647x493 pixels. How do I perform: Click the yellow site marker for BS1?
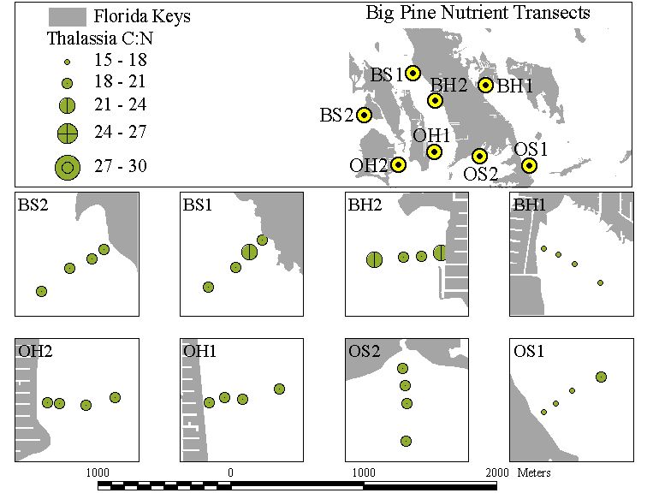(x=413, y=73)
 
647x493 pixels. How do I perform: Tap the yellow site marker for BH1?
(x=485, y=85)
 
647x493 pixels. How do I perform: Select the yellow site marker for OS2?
(x=479, y=156)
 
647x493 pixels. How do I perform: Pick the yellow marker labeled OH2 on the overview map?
(x=398, y=165)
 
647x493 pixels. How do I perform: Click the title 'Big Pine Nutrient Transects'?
(x=478, y=13)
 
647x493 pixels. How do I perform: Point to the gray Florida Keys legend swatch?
(x=68, y=17)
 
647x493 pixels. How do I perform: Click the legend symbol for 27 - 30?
(x=68, y=168)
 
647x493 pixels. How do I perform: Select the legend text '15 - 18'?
(x=121, y=60)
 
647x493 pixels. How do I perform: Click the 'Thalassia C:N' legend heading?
(x=100, y=39)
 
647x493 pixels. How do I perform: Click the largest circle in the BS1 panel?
(x=249, y=252)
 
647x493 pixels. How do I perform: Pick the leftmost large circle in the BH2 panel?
(x=374, y=260)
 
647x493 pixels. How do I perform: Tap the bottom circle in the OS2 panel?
(x=406, y=441)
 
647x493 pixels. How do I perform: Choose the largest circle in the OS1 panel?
(x=601, y=377)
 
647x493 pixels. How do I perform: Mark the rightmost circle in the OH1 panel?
(x=279, y=389)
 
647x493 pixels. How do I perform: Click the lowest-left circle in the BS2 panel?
(x=41, y=291)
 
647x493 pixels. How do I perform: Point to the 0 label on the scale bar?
(x=230, y=472)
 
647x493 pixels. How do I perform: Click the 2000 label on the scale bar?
(x=496, y=472)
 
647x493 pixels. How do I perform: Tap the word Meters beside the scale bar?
(x=534, y=472)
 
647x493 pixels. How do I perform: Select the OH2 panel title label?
(x=35, y=351)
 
